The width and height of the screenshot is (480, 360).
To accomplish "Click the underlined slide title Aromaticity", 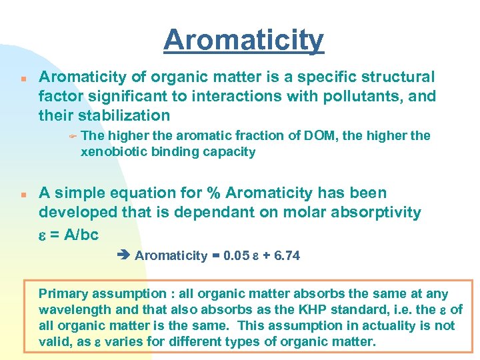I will point(243,41).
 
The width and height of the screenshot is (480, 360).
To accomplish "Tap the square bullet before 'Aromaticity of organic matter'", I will point(23,78).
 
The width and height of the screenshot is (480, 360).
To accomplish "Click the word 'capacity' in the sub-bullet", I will point(231,152).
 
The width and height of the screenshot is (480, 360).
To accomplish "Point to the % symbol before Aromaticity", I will point(213,193).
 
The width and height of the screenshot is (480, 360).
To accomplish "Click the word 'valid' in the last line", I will point(55,342).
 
